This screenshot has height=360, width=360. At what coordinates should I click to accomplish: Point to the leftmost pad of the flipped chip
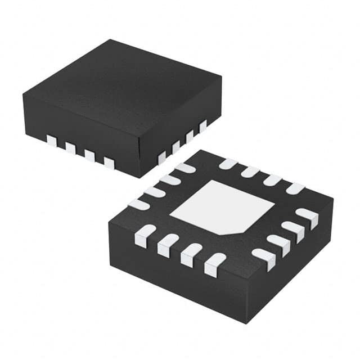(138, 204)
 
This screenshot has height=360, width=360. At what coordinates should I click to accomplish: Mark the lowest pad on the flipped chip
(214, 264)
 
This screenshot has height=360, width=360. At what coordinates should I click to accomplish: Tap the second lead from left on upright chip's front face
(71, 148)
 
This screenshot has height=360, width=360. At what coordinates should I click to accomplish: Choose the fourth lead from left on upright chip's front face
(109, 163)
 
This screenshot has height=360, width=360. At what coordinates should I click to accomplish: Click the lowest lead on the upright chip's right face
(162, 157)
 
